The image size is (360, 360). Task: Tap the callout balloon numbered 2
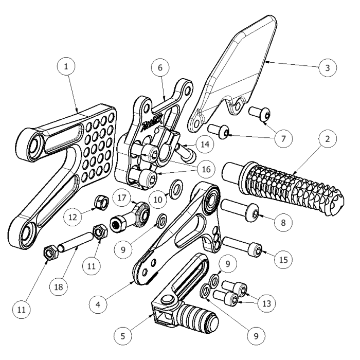(x=327, y=139)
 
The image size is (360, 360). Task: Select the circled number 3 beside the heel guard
(x=327, y=67)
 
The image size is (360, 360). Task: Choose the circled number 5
(x=122, y=336)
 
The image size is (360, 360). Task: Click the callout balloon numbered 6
(x=160, y=68)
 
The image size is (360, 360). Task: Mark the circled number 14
(x=205, y=145)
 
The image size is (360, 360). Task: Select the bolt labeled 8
(x=240, y=210)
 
